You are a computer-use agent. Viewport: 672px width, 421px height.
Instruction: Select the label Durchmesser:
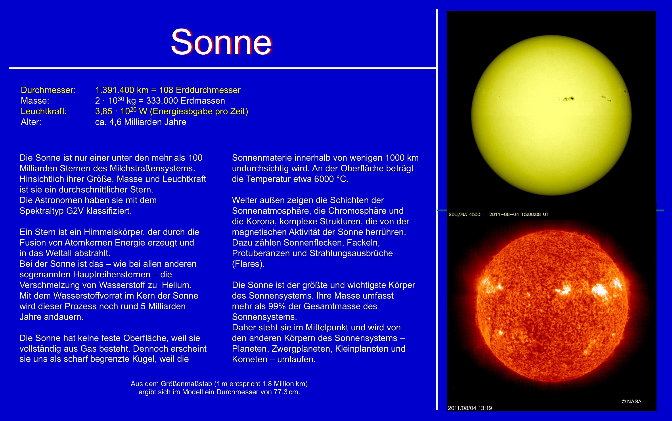(x=48, y=90)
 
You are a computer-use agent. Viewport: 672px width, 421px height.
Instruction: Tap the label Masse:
(x=35, y=101)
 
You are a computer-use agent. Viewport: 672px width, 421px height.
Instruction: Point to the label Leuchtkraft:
(x=44, y=111)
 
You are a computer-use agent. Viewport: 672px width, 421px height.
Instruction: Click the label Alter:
(x=31, y=122)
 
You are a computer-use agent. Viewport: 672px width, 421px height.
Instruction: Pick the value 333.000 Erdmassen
(x=186, y=101)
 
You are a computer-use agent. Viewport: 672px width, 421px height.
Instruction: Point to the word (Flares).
(x=248, y=264)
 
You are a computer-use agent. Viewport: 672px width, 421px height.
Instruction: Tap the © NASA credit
(x=631, y=402)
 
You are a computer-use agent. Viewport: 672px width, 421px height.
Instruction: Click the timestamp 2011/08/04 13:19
(x=470, y=408)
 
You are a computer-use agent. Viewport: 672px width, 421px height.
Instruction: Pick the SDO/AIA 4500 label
(x=464, y=214)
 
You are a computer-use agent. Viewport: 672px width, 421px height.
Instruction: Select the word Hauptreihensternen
(x=112, y=274)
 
